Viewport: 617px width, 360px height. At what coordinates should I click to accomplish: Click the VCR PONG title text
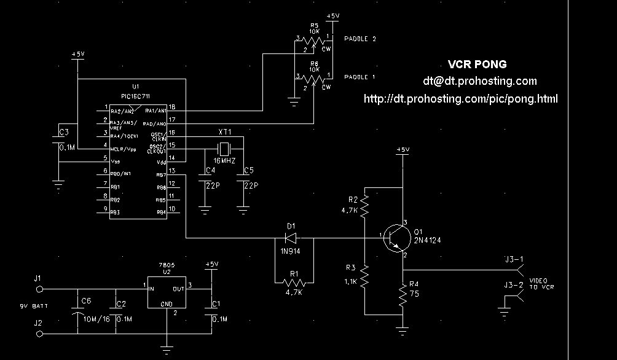[477, 65]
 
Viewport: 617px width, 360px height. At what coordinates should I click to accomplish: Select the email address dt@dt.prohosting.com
[479, 81]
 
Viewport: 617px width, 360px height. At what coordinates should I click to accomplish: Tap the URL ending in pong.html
[461, 98]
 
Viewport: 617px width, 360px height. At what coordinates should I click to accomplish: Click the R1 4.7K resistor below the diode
[293, 283]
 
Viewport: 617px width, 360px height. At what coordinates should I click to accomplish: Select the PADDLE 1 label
[360, 77]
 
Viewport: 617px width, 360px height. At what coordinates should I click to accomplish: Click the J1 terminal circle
[41, 288]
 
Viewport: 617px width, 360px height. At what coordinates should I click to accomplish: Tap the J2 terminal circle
[41, 334]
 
